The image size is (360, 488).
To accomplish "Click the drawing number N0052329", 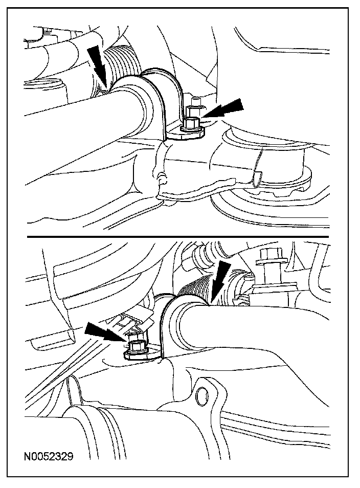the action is [x=49, y=457].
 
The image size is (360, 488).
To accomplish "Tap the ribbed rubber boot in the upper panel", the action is [x=121, y=63].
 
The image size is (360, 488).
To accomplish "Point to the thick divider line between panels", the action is [x=177, y=237].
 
